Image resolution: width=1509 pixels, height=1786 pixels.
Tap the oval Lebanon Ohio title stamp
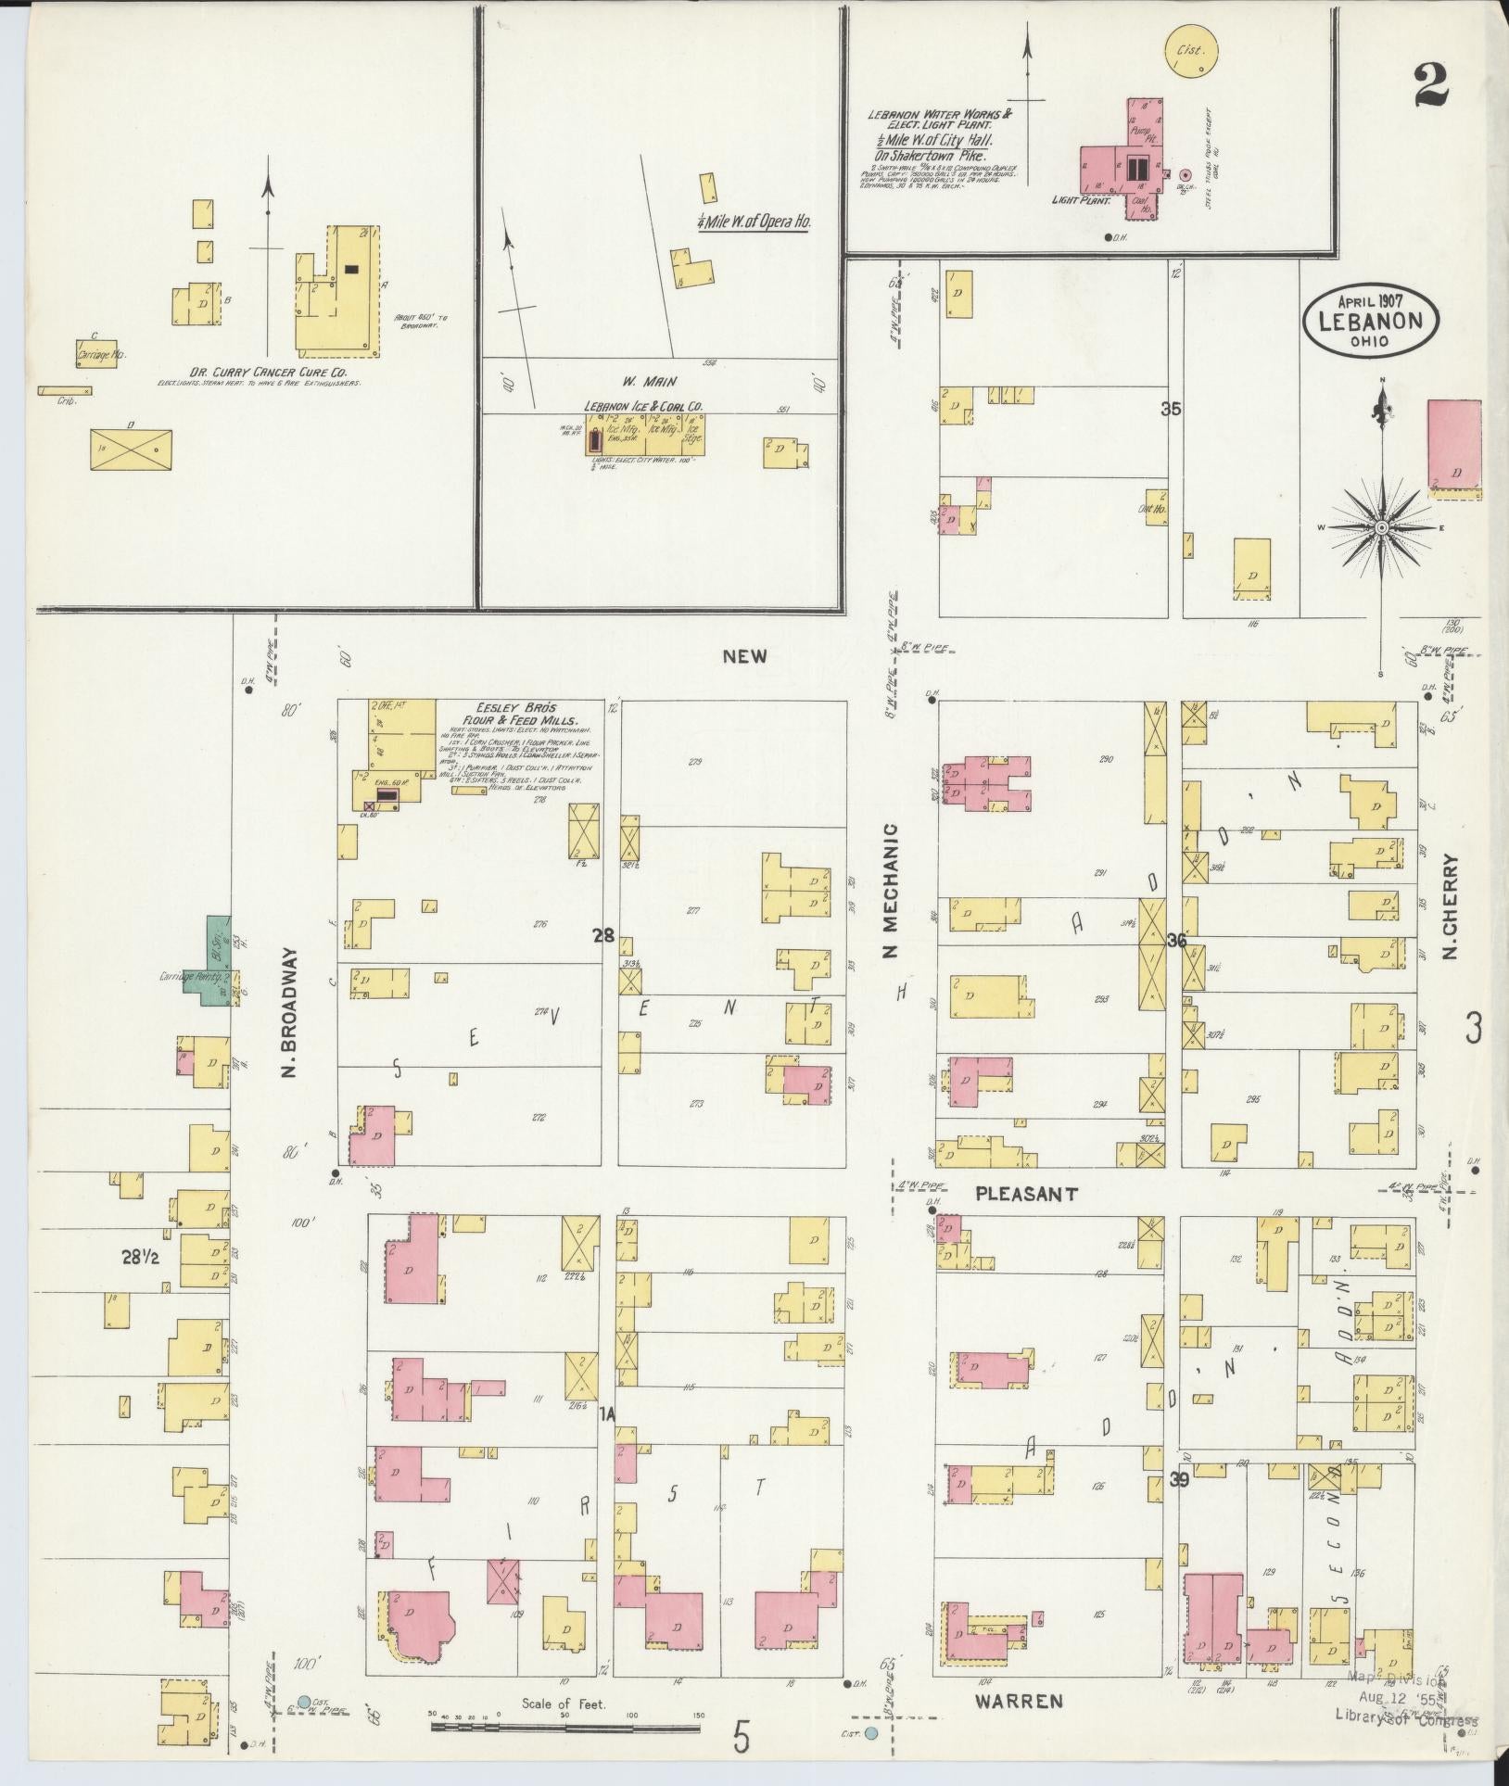coord(1373,320)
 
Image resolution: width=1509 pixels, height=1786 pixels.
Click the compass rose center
coord(1381,527)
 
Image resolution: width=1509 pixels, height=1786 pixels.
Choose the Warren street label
coord(1019,1701)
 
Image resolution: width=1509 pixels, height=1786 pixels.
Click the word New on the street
coord(746,656)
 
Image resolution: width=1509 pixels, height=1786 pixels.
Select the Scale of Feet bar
coord(565,1728)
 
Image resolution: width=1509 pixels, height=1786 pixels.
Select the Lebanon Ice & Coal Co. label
coord(642,406)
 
